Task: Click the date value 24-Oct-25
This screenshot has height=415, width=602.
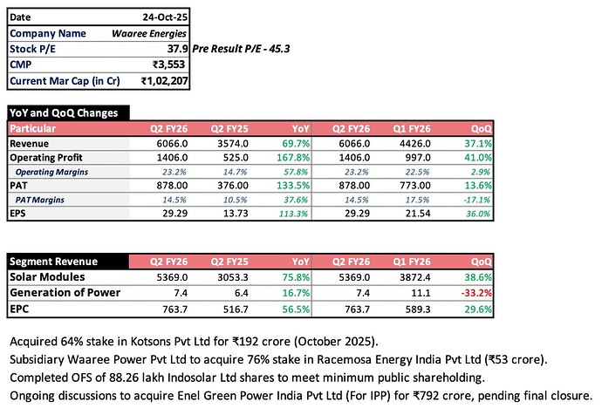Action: pos(165,17)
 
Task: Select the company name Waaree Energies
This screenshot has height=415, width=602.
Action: pos(149,33)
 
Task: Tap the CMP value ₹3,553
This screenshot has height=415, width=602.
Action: pos(169,65)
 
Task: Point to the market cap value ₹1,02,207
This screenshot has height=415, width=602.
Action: pos(165,81)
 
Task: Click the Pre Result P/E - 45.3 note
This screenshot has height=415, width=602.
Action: pos(241,49)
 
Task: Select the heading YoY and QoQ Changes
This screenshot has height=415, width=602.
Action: pos(64,112)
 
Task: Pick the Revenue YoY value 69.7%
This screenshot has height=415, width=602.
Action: pos(296,144)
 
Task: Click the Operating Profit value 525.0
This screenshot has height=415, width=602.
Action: pos(236,158)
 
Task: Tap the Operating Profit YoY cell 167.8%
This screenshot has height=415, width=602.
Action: pos(293,158)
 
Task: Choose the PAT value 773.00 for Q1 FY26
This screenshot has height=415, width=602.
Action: pos(415,186)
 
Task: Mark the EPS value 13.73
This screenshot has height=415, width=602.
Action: pos(236,214)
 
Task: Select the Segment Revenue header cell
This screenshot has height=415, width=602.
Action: pos(54,262)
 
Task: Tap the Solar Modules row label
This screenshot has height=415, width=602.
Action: pos(47,277)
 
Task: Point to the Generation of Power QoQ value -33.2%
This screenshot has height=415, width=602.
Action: pos(476,293)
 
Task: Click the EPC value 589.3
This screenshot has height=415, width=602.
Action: pos(418,310)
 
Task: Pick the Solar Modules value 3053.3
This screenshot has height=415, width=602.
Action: pos(233,277)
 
